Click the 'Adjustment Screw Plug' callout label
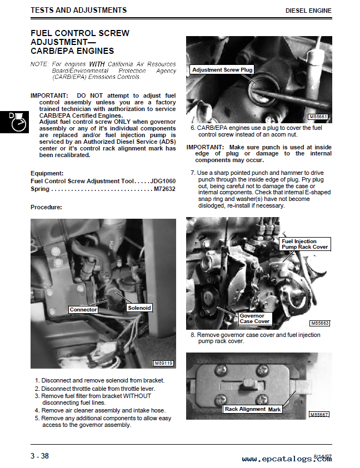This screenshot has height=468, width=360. point(222,70)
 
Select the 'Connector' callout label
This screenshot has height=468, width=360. point(83,309)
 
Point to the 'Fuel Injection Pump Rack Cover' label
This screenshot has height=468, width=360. point(304,244)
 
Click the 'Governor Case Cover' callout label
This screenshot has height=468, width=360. point(254,319)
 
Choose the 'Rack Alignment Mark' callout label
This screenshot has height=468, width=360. point(253,409)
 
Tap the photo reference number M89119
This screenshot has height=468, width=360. point(164,363)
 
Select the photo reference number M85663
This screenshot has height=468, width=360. point(320,323)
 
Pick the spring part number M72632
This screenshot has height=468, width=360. point(164,189)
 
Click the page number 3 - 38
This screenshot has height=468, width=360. point(39,456)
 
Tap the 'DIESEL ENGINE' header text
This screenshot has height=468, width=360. point(308,11)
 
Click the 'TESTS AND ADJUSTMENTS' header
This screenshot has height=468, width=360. point(78,10)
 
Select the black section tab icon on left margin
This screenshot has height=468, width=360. point(14,122)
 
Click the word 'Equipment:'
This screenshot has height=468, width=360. point(47,173)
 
